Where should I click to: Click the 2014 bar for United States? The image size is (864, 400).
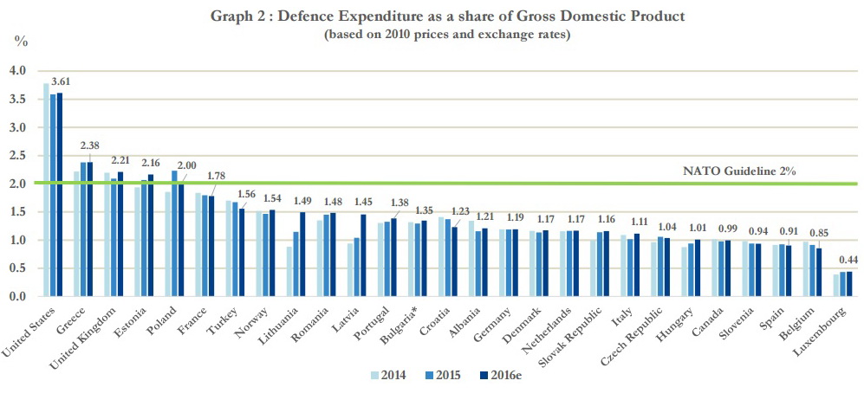[46, 190]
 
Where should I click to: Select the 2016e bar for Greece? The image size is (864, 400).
[89, 229]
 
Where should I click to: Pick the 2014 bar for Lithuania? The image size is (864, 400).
[288, 272]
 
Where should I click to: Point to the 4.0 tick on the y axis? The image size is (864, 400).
[18, 71]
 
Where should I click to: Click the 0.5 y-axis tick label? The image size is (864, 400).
[18, 268]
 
